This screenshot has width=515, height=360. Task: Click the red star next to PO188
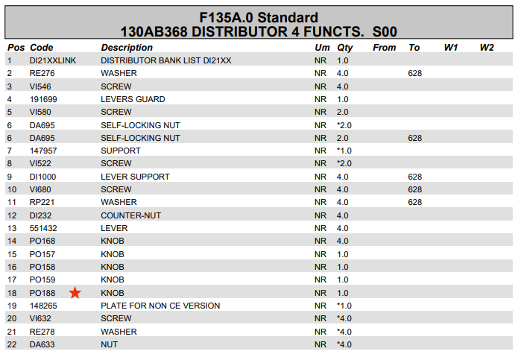pos(75,293)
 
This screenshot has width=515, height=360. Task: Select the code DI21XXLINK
pos(53,60)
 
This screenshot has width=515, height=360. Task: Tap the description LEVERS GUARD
pos(133,99)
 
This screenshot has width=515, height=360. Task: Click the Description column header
pos(127,48)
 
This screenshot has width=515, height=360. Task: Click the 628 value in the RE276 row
pos(415,73)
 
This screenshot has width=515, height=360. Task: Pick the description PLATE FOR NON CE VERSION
pos(160,306)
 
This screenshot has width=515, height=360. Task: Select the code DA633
pos(42,344)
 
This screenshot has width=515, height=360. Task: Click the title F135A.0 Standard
pos(259,17)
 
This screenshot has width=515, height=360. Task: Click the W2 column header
pos(487,48)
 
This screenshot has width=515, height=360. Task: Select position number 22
pos(12,344)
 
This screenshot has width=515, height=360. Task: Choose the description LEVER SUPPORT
pos(135,177)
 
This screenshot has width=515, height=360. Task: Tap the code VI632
pos(41,318)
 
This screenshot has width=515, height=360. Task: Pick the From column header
pos(385,48)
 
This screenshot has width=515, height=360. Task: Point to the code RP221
pos(42,202)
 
